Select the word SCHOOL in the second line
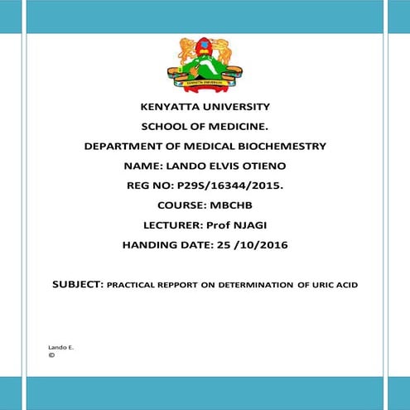point(165,127)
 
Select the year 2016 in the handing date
point(270,245)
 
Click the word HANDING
point(152,245)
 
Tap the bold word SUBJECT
point(78,284)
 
